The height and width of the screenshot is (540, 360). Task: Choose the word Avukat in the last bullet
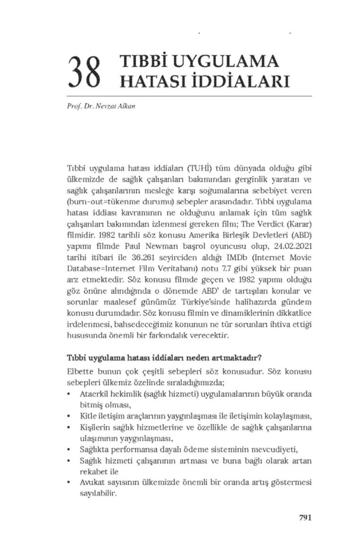pyautogui.click(x=92, y=483)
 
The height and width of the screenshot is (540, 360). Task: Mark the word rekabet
pyautogui.click(x=92, y=472)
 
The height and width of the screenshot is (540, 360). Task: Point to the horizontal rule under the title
pyautogui.click(x=189, y=96)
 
